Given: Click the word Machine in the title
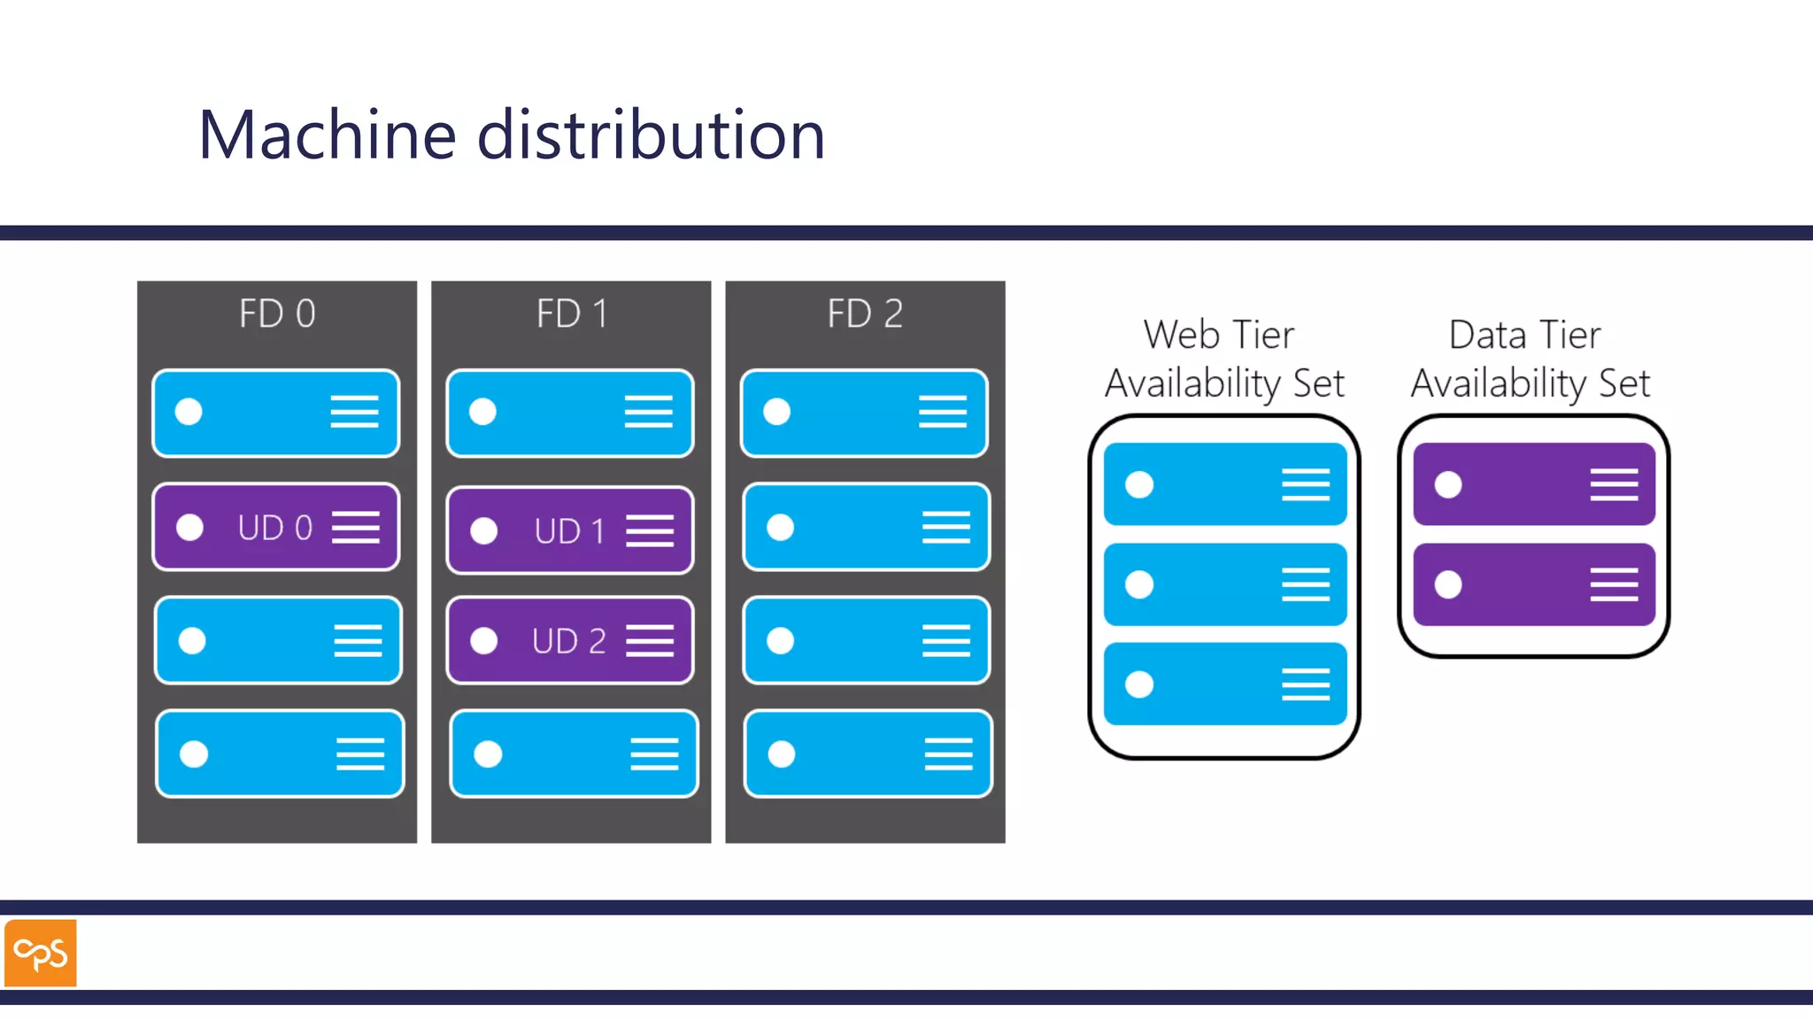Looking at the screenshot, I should point(327,135).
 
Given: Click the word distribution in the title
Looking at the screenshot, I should point(651,135).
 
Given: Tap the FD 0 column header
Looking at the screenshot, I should point(277,313).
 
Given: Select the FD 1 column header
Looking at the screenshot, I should point(571,313).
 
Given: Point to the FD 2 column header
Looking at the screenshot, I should point(865,313).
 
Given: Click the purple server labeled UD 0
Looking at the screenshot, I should point(275,528).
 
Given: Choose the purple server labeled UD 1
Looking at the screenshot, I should point(569,530).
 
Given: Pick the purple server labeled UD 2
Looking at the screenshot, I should point(569,640).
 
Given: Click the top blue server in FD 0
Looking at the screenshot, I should point(275,413).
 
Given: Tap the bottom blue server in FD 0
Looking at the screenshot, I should point(280,753).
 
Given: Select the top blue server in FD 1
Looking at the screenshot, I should point(569,413).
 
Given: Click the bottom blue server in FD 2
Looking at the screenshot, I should point(868,753).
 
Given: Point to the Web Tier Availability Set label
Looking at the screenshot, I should point(1223,359).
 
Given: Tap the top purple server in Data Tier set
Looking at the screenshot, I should point(1533,484).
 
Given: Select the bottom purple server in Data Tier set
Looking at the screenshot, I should point(1533,584).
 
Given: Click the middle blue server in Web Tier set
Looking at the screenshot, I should point(1224,584).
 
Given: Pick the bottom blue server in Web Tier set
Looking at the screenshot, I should point(1224,684).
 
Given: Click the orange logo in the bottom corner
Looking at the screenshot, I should point(41,953).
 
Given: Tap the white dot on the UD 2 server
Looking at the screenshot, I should point(483,640).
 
